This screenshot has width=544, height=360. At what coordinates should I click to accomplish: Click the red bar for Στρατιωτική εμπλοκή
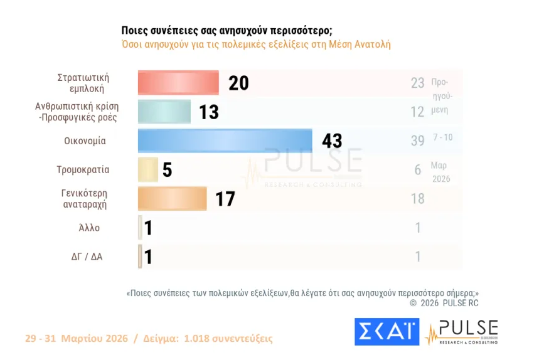point(178,83)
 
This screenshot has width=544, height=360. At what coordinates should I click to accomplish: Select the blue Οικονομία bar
point(225,140)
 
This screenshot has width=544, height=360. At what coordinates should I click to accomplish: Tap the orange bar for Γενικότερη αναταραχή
point(172,199)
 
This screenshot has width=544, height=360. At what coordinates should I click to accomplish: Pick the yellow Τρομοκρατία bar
point(148,169)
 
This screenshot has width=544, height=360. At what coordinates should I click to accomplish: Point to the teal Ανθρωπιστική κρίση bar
point(164,112)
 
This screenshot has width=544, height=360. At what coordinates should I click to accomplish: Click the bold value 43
point(332,140)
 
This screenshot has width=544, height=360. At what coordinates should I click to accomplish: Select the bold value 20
point(238,83)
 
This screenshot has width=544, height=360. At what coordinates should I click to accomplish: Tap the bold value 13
point(209,112)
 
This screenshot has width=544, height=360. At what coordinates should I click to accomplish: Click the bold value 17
point(225,199)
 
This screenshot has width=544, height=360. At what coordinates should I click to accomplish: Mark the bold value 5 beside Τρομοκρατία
point(167,170)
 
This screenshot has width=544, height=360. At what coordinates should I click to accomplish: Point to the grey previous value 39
point(418,140)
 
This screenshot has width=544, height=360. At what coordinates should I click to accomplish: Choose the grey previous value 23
point(418,83)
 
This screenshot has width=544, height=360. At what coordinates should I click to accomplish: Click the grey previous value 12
point(418,112)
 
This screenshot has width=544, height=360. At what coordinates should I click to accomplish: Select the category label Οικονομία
point(85,141)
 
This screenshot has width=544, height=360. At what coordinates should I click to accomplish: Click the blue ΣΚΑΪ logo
point(387,332)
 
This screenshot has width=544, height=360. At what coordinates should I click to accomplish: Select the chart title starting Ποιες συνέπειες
point(227,31)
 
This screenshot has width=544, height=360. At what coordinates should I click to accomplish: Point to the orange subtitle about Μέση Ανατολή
point(255,45)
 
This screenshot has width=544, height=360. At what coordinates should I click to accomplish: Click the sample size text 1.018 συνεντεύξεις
point(228,338)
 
